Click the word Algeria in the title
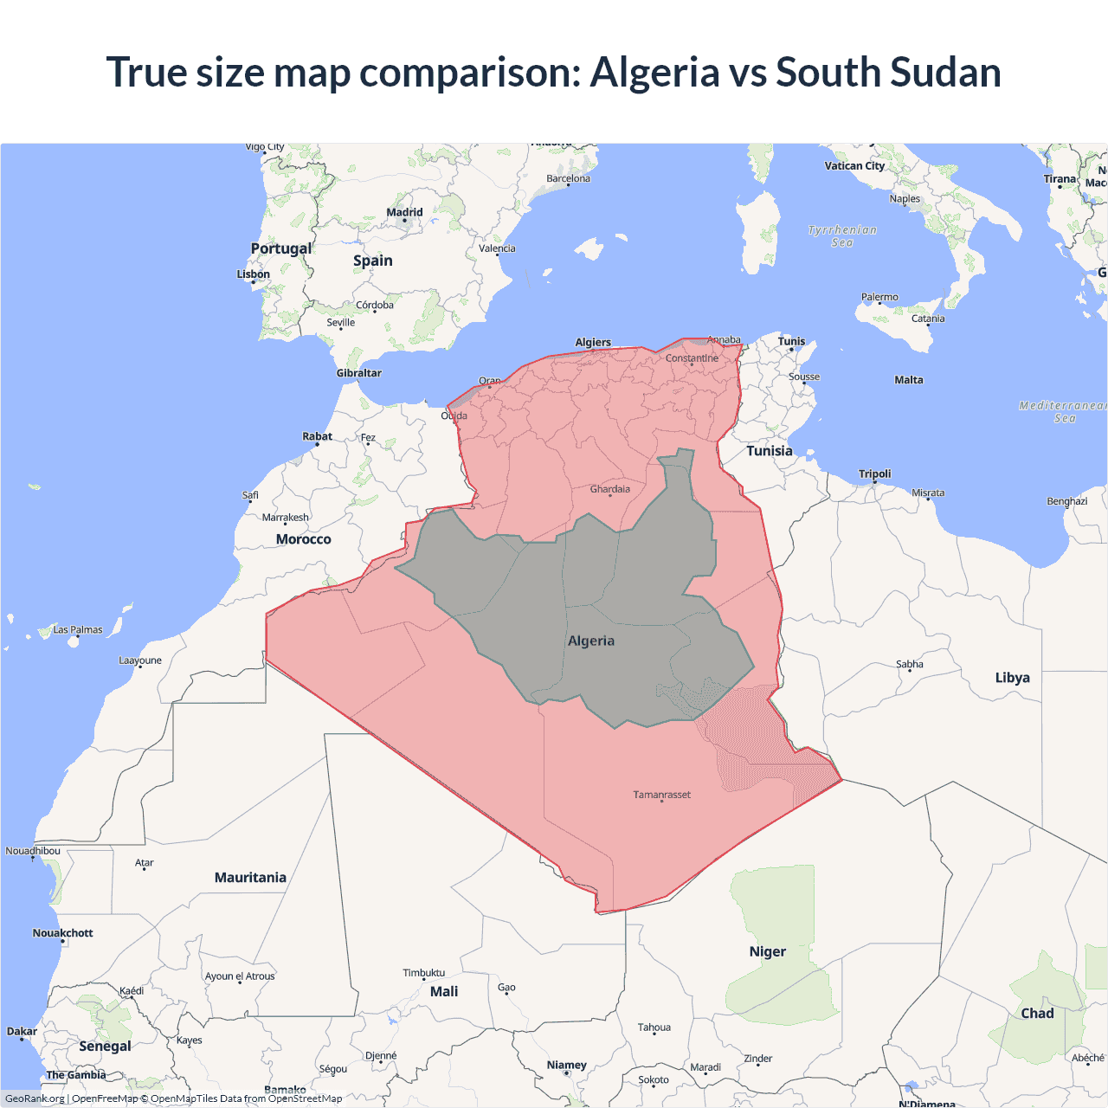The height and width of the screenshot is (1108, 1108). [654, 73]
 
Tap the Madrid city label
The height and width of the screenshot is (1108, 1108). [404, 212]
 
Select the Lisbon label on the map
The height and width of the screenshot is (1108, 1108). [254, 274]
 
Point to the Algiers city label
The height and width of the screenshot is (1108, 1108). [593, 342]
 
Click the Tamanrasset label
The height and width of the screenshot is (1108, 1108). [661, 795]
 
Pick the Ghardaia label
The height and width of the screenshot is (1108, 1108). [609, 489]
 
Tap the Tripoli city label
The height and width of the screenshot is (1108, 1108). [874, 473]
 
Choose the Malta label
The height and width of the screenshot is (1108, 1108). [908, 380]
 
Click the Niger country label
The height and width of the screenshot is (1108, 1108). [767, 951]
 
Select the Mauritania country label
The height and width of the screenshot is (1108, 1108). [250, 878]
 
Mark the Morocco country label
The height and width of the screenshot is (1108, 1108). [303, 539]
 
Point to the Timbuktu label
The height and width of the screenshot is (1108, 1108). [423, 973]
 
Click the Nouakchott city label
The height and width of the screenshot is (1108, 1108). [62, 933]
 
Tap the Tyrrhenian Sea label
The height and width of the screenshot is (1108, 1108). [841, 236]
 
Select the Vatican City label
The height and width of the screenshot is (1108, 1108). [854, 166]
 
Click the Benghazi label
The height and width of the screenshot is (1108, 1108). [1066, 501]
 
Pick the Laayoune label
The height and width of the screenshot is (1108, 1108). [140, 660]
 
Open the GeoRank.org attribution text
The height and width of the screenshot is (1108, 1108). [35, 1098]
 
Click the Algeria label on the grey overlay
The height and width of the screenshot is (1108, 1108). [591, 641]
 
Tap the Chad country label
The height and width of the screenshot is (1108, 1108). [1037, 1014]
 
